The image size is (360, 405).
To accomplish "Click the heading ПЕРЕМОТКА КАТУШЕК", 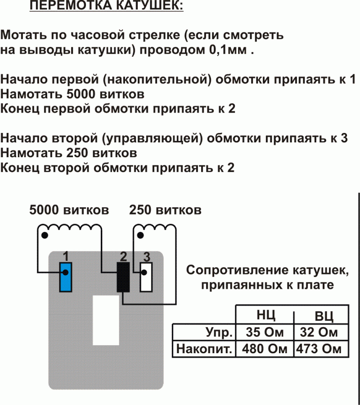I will pyautogui.click(x=106, y=7).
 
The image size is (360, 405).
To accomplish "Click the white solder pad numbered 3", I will pyautogui.click(x=147, y=277).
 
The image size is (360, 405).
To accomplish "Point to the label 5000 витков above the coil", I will pyautogui.click(x=69, y=210).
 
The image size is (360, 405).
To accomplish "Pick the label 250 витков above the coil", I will pyautogui.click(x=165, y=210).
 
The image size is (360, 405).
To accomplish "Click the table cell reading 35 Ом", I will pyautogui.click(x=265, y=333).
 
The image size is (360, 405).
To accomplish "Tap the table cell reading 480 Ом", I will pyautogui.click(x=265, y=349).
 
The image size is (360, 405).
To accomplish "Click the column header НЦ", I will pyautogui.click(x=265, y=315).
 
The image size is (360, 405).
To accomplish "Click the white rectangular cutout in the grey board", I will pyautogui.click(x=106, y=320).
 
